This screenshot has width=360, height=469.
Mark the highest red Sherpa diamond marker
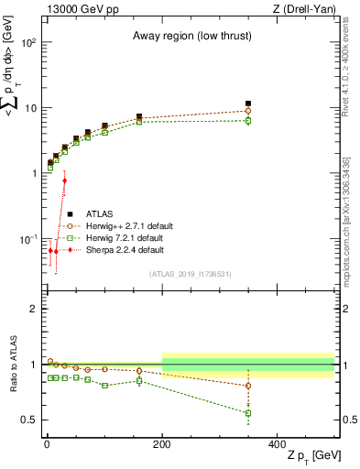point(64,180)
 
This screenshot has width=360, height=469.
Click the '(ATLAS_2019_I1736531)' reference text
point(191,273)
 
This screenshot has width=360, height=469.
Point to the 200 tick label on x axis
point(162,442)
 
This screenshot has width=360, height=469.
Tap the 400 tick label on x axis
point(278,442)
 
